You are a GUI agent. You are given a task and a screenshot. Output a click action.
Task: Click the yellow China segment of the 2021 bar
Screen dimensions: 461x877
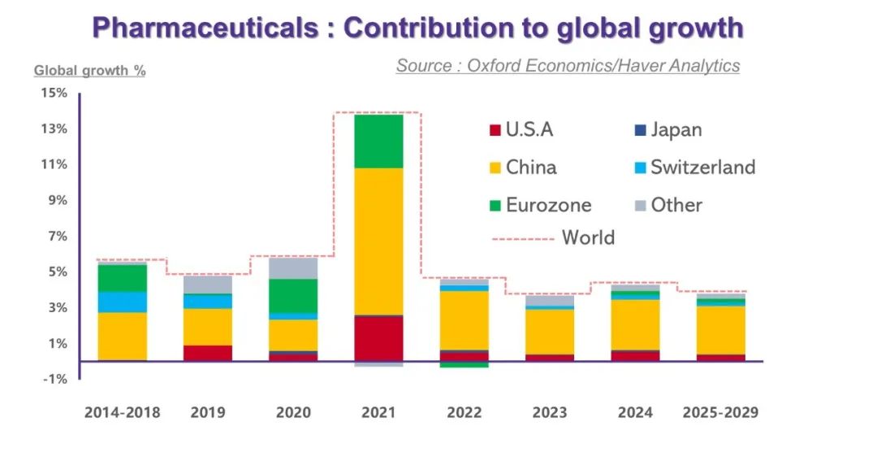tap(378, 241)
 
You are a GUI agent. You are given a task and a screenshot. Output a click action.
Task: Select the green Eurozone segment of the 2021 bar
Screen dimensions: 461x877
tap(378, 141)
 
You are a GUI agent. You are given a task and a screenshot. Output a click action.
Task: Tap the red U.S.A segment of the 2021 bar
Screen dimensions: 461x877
tap(378, 338)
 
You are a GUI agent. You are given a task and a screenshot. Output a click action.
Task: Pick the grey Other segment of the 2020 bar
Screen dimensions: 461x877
tap(293, 268)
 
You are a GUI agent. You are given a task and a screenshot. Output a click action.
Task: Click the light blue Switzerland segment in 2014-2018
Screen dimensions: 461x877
tap(122, 302)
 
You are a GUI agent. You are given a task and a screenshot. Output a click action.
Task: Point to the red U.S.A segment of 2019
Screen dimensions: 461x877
tap(208, 353)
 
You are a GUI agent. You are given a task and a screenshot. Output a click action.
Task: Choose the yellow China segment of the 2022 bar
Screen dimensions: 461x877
tap(464, 320)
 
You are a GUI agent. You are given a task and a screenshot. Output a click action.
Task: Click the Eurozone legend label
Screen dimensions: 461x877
tap(548, 205)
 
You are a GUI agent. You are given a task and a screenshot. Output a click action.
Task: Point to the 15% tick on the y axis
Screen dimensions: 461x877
tap(54, 94)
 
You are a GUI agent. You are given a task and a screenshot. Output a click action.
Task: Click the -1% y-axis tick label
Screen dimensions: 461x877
tap(54, 379)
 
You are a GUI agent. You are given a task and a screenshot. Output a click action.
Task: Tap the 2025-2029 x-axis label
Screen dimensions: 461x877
tap(720, 413)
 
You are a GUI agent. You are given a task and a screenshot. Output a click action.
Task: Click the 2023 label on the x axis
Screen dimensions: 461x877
tap(550, 413)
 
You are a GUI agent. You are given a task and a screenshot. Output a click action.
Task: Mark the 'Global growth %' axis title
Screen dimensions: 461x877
tap(89, 71)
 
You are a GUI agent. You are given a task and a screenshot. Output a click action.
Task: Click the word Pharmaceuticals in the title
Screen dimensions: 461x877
tap(205, 28)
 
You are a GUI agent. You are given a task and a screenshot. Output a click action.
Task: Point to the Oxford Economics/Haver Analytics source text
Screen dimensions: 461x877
tap(568, 66)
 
